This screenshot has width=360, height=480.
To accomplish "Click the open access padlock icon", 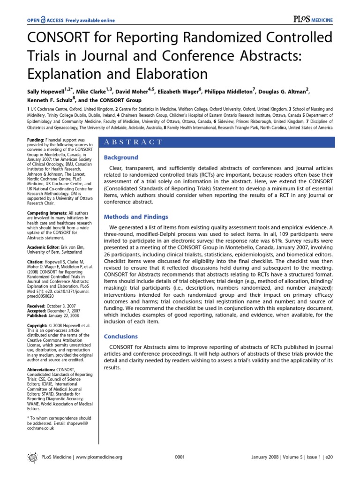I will [43, 20].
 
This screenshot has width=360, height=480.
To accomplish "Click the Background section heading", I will [120, 157].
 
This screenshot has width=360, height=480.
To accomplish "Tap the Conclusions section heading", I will [120, 337].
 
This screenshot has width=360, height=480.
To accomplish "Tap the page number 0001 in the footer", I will [180, 457].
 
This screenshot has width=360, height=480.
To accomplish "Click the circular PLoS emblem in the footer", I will [32, 457].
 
